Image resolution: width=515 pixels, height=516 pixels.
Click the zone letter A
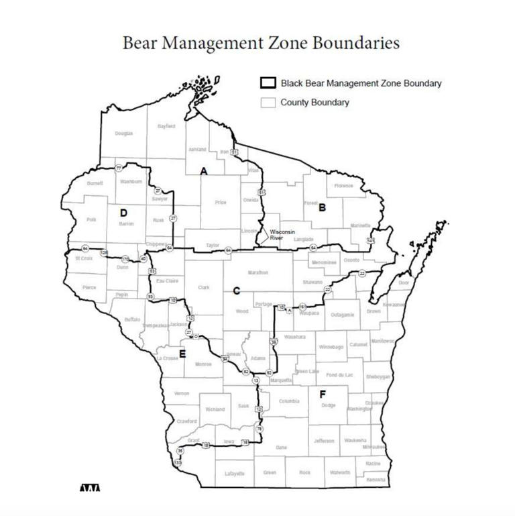point(204,171)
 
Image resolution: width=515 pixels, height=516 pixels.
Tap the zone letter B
point(322,208)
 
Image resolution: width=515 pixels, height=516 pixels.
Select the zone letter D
point(123,213)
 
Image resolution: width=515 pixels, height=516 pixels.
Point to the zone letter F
point(323,394)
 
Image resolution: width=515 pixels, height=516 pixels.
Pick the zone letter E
point(182,354)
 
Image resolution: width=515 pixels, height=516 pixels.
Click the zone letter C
point(236,291)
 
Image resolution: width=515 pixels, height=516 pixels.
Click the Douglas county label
point(123,134)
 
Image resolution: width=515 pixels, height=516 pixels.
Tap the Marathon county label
point(258,272)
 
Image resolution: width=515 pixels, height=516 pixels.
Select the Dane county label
point(282,446)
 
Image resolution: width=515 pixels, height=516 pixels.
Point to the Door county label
point(404,283)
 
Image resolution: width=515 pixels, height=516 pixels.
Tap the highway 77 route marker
point(119,168)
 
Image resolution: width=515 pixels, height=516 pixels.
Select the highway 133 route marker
point(178,463)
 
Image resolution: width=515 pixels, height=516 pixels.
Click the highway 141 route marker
point(370,240)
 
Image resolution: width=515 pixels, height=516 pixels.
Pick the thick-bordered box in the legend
point(268,83)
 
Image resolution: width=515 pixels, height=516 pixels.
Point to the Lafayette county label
point(235,473)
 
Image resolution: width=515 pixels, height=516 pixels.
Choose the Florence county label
point(343,186)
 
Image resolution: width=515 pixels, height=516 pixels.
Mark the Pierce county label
point(89,288)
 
